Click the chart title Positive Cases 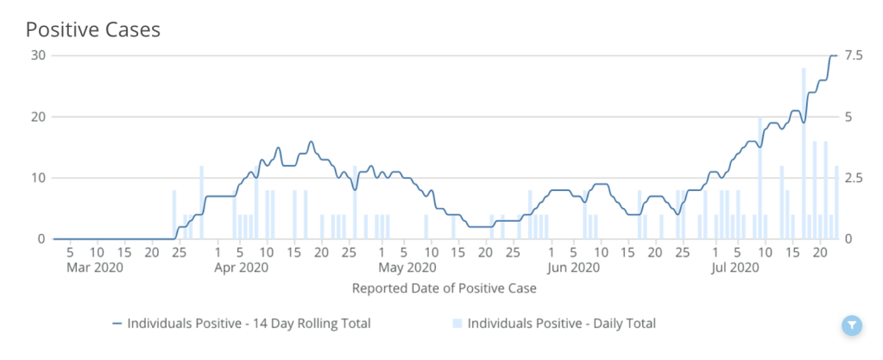(93, 28)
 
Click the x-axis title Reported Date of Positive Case (444, 288)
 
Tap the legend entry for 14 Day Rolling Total (242, 324)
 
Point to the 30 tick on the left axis (37, 55)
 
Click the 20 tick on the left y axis (37, 117)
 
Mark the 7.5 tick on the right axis (854, 55)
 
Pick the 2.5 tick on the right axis (854, 178)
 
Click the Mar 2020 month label (96, 268)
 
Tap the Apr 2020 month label (241, 268)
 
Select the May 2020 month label (407, 268)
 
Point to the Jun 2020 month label (573, 268)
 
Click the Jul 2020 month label (735, 268)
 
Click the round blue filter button (851, 325)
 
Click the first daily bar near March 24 (174, 214)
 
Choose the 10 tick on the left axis (37, 178)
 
